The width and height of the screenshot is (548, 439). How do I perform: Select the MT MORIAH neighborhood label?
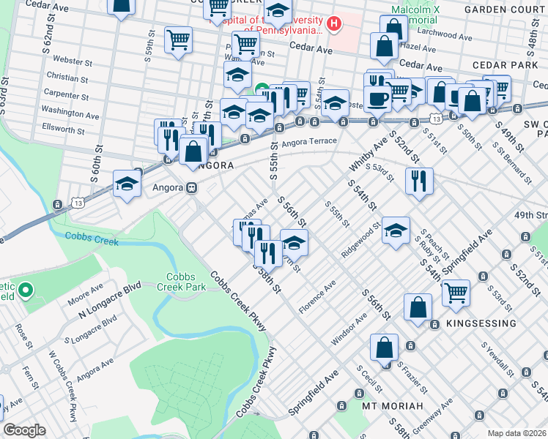click(x=393, y=405)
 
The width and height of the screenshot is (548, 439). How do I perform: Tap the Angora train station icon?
click(x=191, y=187)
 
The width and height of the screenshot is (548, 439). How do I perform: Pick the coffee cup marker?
click(x=378, y=99)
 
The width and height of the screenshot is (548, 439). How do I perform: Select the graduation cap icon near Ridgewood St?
click(x=396, y=230)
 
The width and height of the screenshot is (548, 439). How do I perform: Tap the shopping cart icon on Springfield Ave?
click(x=456, y=293)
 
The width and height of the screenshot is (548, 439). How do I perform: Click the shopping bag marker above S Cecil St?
click(x=385, y=348)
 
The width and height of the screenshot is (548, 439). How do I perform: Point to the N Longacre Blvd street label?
click(x=109, y=301)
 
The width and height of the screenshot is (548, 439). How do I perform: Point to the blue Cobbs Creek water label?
click(x=87, y=236)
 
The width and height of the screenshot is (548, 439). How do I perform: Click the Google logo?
click(x=24, y=430)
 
